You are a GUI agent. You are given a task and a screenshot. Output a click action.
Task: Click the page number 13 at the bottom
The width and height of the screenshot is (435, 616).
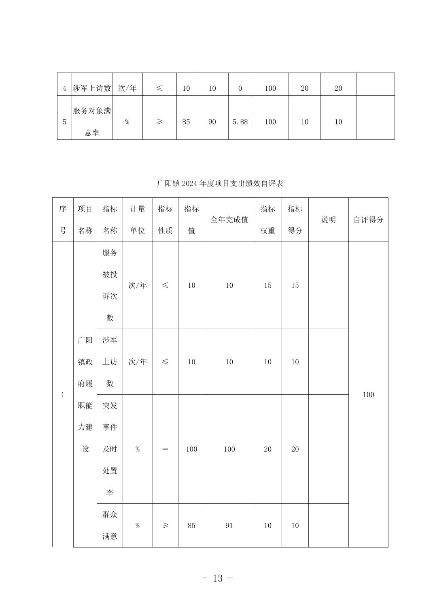coord(218,578)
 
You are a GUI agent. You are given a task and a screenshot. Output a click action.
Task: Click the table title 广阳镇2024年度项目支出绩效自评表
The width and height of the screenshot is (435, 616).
coord(220,184)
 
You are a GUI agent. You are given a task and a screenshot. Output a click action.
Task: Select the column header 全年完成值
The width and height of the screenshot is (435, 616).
coord(229,220)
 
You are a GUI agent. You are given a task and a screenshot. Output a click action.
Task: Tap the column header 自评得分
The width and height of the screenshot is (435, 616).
coord(368,220)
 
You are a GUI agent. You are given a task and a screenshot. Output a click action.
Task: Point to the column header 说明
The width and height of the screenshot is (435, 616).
coord(328,220)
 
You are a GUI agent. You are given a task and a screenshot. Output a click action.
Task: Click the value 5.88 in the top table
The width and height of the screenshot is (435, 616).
coord(240,122)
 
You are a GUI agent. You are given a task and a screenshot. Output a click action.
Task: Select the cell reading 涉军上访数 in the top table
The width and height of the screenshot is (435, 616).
coord(92,88)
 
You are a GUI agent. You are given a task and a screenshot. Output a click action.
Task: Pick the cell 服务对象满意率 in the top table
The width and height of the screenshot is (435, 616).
coord(92,122)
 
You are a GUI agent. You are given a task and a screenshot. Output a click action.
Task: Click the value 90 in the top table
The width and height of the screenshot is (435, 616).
coord(212,122)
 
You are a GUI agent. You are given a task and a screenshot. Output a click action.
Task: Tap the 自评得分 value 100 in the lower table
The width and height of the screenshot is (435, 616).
coord(368,395)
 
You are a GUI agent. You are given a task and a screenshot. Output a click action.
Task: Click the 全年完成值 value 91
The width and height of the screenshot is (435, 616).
coord(229,526)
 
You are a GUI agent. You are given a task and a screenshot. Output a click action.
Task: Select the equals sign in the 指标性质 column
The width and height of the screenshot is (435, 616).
coord(165,449)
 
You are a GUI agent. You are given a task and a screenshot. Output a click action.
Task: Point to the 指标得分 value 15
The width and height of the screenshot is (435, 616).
coord(295,285)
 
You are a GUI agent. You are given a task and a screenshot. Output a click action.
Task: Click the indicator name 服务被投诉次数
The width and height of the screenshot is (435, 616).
coord(110,285)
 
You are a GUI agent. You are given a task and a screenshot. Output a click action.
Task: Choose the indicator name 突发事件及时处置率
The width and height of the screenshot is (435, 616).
coord(110,449)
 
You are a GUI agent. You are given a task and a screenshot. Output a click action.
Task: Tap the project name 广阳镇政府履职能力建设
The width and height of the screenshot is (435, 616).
coord(85,394)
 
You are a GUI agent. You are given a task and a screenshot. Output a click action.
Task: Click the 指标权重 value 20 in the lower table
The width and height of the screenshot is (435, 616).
coord(267,449)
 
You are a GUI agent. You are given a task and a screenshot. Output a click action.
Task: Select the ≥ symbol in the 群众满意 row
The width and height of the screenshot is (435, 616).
coord(165,526)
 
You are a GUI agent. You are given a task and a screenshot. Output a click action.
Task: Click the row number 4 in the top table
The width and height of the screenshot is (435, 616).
coord(64,88)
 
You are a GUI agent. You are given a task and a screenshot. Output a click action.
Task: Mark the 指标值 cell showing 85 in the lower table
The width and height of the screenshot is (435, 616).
coord(191,526)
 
